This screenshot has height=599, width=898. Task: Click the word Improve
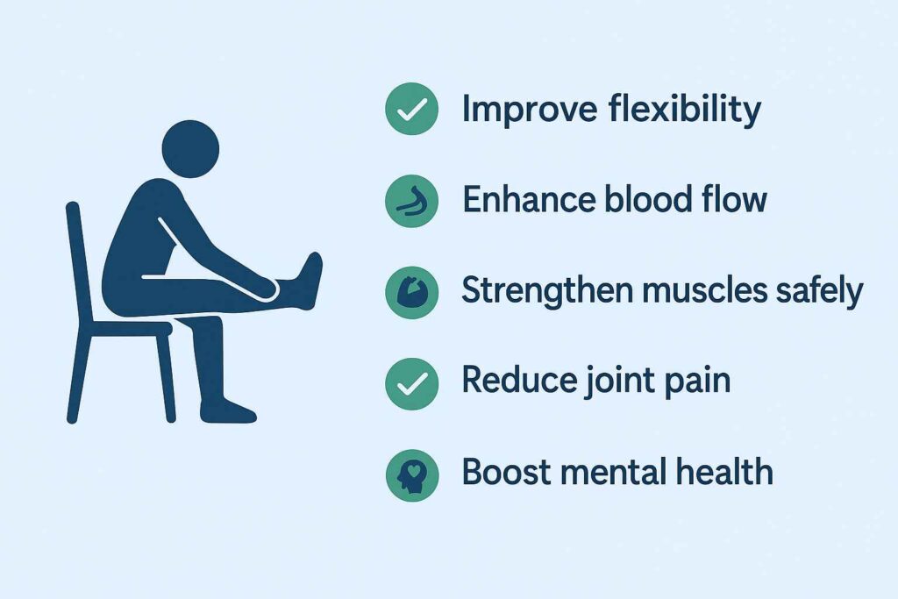tap(530, 109)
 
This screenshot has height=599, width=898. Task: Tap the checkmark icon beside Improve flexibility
tap(412, 109)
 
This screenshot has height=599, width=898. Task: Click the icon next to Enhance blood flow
tap(412, 201)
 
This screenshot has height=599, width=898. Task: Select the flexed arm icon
tap(412, 292)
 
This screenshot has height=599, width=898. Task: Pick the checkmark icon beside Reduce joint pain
tap(412, 383)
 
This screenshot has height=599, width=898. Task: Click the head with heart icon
tap(412, 475)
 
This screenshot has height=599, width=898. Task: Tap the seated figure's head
tap(190, 149)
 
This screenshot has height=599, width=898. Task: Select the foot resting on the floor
tap(228, 410)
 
